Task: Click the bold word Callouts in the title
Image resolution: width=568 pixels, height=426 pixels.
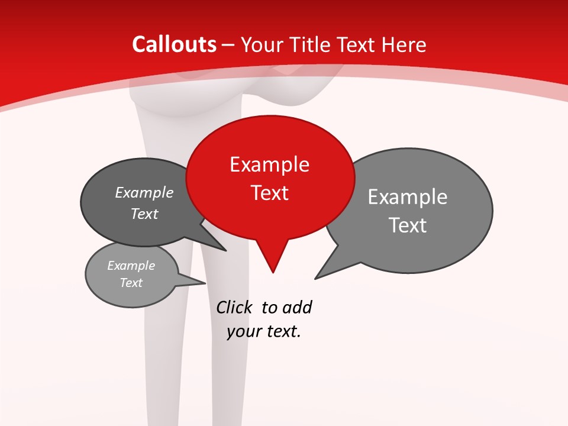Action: (174, 44)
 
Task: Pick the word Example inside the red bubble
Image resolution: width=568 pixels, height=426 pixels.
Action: (269, 164)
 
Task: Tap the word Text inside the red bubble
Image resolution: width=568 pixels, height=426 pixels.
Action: (269, 193)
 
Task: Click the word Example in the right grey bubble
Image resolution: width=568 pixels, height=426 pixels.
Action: (407, 197)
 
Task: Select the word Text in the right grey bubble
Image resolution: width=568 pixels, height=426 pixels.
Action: (407, 225)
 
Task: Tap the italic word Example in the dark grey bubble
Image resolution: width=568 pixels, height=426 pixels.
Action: (144, 193)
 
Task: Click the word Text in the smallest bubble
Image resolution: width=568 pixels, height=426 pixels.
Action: (131, 283)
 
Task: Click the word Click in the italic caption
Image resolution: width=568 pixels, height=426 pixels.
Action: (234, 308)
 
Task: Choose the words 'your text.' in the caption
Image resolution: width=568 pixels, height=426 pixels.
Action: (263, 331)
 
